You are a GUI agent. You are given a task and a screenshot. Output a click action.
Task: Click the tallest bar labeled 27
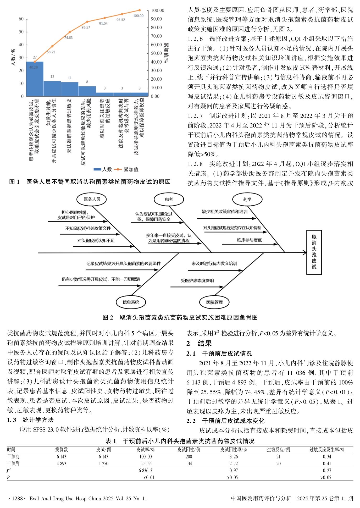tap(35, 79)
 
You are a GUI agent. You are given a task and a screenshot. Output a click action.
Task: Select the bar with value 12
tap(52, 89)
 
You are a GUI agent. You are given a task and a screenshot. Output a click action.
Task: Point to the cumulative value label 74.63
tap(68, 38)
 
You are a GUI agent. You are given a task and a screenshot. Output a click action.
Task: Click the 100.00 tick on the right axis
tap(157, 10)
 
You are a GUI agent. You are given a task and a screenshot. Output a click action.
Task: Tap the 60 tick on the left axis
tap(21, 19)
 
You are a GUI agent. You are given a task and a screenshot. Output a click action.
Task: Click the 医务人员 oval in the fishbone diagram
tap(92, 199)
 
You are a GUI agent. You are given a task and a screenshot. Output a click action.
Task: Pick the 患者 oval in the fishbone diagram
tap(169, 200)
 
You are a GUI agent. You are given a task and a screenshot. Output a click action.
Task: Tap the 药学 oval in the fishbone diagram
tap(247, 200)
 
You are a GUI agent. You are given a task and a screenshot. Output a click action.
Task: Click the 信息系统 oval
tap(131, 302)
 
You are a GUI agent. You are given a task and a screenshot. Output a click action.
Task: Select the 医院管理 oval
tap(214, 302)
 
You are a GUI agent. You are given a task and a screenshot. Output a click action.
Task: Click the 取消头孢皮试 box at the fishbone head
tap(314, 252)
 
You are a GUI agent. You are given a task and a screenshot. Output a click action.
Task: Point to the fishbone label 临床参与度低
tap(249, 240)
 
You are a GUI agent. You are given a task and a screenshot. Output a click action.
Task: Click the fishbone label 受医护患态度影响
tap(197, 281)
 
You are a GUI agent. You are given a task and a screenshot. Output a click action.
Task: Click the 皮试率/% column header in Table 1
tap(145, 450)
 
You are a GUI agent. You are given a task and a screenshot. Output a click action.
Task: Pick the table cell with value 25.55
tap(146, 463)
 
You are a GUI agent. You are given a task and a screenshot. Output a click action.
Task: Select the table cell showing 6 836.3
tap(145, 471)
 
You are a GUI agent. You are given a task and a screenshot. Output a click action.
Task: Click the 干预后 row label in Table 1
tap(13, 463)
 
